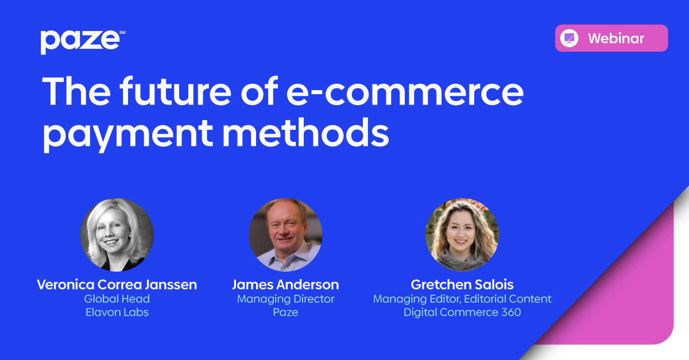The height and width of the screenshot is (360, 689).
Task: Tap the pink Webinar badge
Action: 611,38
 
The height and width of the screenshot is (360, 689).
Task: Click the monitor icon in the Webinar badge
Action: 569,38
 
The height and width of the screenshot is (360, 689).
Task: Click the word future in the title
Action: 175,91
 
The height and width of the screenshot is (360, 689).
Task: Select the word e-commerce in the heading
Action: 405,92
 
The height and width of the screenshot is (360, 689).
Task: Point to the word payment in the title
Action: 127,134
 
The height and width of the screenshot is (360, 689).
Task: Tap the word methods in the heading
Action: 305,131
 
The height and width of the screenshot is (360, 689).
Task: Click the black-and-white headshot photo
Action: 117,235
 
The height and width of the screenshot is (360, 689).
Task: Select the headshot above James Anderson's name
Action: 285,235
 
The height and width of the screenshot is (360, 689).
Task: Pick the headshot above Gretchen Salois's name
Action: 462,235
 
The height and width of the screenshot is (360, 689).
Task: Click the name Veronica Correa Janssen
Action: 117,285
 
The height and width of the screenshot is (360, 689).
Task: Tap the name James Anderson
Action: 285,285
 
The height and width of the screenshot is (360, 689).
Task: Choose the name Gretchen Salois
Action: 462,285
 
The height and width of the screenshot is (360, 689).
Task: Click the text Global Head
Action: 117,299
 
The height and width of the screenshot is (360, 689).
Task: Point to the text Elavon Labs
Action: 117,312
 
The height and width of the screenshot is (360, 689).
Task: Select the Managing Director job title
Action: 285,299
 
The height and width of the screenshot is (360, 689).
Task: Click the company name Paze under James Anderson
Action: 285,312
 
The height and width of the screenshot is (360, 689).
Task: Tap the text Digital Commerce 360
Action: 462,312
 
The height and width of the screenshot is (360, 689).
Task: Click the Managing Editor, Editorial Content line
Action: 462,299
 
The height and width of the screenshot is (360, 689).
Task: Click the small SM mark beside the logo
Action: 122,32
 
